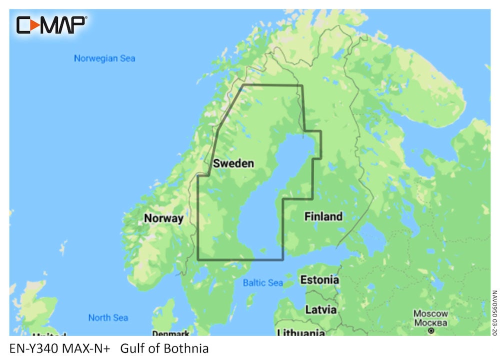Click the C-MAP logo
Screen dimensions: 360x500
click(x=51, y=24)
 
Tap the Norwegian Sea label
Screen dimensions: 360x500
click(x=104, y=58)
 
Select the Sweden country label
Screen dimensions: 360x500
click(x=233, y=163)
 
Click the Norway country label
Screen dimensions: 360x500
click(x=163, y=218)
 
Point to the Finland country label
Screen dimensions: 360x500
click(x=323, y=216)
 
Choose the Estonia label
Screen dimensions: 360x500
click(x=319, y=280)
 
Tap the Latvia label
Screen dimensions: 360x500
click(x=320, y=309)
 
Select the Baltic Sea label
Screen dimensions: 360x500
click(x=263, y=283)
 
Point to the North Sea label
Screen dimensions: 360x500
click(x=108, y=317)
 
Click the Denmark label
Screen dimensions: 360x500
click(x=170, y=333)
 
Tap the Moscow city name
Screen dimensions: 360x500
click(x=430, y=313)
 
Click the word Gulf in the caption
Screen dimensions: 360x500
click(x=131, y=348)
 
